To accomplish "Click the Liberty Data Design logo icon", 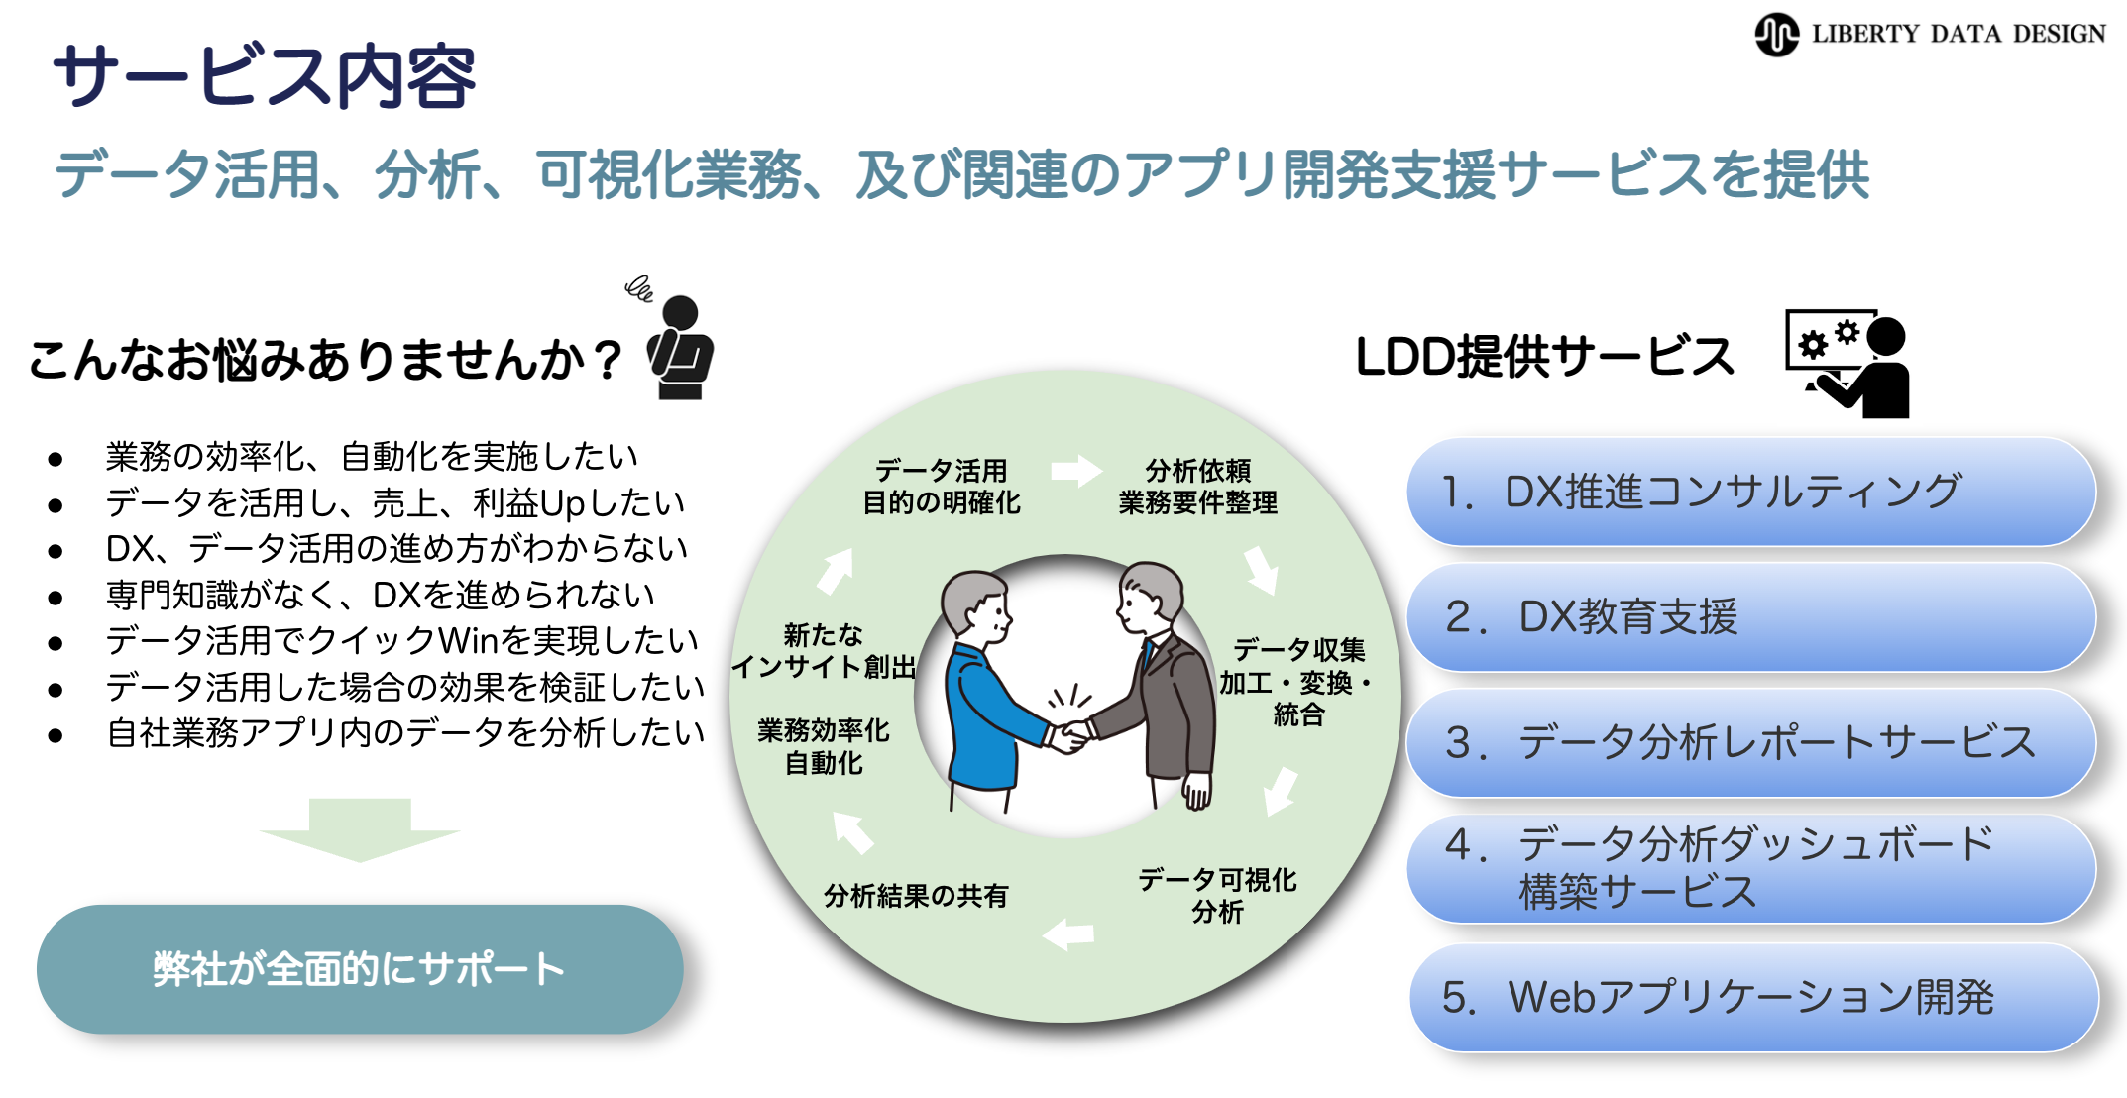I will [x=1776, y=35].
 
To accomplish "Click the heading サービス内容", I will [x=265, y=76].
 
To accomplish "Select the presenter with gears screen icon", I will [x=1847, y=363].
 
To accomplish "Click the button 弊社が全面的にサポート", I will [x=359, y=968].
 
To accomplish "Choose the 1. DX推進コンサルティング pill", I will [x=1750, y=492].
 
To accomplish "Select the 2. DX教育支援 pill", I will [x=1750, y=616].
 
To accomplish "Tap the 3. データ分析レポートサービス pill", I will [x=1750, y=742].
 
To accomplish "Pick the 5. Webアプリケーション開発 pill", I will [x=1752, y=997].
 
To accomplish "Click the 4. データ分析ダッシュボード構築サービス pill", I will [x=1750, y=868].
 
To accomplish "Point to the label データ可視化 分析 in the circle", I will [x=1217, y=895].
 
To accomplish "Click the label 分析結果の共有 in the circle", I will [x=915, y=896].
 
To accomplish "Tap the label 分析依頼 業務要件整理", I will [x=1197, y=487].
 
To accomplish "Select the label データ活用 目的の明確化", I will [x=941, y=487].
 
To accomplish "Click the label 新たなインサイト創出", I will [x=823, y=650].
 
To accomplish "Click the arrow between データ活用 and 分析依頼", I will [x=1075, y=471].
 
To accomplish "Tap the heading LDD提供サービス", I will [x=1544, y=357].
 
